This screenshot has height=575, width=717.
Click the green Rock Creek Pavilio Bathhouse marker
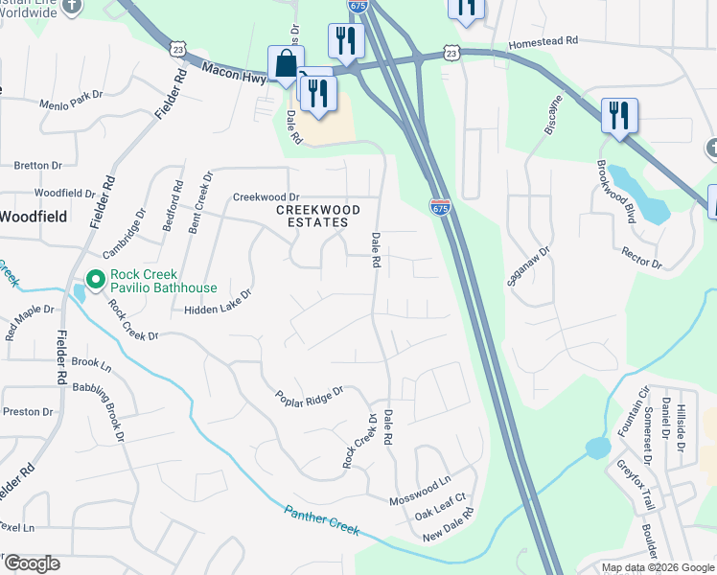point(95,280)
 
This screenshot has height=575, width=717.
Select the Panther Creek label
point(321,520)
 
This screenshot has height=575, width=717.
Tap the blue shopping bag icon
point(286,65)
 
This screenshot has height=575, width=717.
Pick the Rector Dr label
point(641,257)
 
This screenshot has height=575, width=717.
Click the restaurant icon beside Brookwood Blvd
point(619,116)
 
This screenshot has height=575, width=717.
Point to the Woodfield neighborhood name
point(33,217)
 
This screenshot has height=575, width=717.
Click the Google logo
point(32,563)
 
